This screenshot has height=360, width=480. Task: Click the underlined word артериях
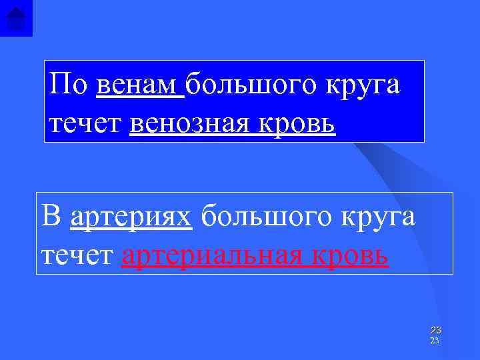click(131, 217)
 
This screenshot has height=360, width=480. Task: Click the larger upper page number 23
click(435, 330)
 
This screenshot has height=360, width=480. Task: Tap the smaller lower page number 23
click(435, 341)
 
